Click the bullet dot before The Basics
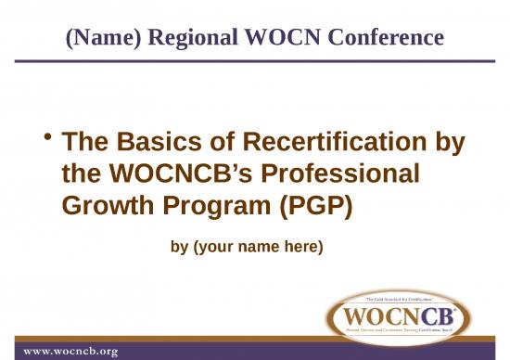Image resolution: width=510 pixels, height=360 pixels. coord(46,138)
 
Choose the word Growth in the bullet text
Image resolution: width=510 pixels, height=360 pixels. coord(102,205)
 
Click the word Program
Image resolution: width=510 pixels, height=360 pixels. coord(204,205)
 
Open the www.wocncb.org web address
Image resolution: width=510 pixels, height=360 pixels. coord(71,351)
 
